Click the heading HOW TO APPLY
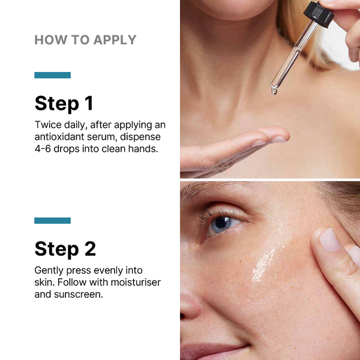coord(85,40)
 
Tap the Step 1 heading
coord(64,103)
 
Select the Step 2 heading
coord(65,248)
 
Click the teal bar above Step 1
coord(52,75)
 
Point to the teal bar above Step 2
coord(52,221)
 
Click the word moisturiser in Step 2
coord(136,282)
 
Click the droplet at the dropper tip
coord(274,91)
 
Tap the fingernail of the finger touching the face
coord(329,240)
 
